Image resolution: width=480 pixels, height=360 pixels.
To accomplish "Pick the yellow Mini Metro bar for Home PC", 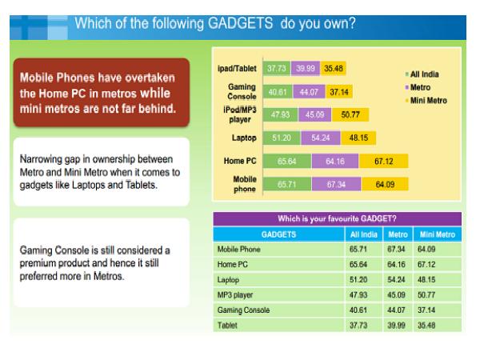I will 384,160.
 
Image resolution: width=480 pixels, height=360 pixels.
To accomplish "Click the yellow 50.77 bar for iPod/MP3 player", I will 349,114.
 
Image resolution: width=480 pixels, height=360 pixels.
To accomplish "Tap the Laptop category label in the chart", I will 242,137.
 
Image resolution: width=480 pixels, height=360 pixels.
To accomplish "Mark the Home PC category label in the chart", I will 239,160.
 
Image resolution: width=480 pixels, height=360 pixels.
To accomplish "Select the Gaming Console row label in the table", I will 243,310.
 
